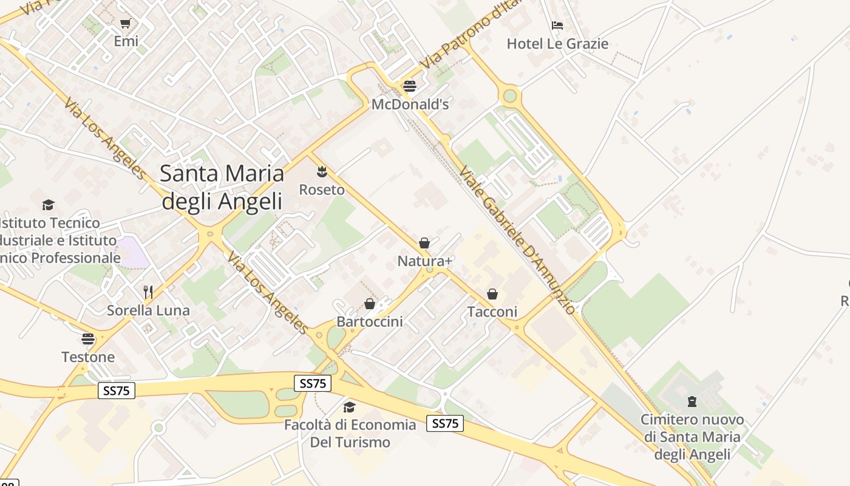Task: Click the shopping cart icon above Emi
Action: (126, 24)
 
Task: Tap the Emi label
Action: (126, 41)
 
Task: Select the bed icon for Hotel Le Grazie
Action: (557, 26)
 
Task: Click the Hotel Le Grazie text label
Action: (557, 44)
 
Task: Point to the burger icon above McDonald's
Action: (410, 86)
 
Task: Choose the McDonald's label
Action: (410, 104)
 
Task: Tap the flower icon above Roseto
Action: (322, 172)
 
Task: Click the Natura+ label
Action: (425, 261)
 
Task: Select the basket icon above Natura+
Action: (424, 243)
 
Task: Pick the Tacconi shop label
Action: (492, 312)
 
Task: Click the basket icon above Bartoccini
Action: (369, 304)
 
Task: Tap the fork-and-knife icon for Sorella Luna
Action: (148, 292)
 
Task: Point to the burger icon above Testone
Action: (88, 338)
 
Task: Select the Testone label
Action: (88, 357)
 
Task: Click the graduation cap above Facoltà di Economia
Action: (349, 406)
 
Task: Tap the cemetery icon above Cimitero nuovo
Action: (692, 402)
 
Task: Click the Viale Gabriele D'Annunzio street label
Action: (517, 239)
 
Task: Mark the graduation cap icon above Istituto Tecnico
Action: (48, 205)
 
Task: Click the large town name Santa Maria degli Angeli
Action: (222, 187)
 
